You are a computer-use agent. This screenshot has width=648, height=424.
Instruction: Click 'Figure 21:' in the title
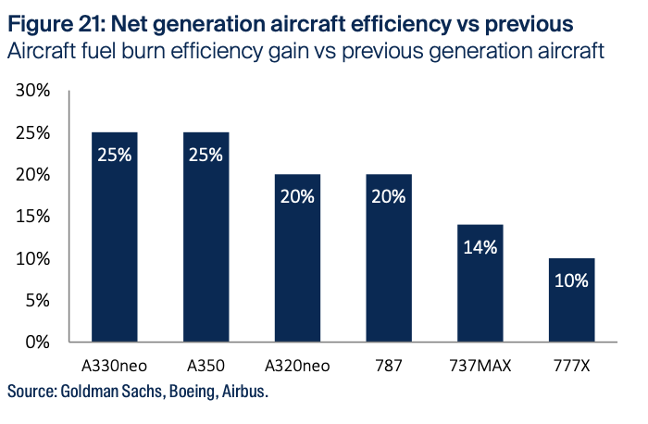click(56, 19)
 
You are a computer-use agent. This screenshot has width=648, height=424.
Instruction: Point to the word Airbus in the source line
click(243, 392)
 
